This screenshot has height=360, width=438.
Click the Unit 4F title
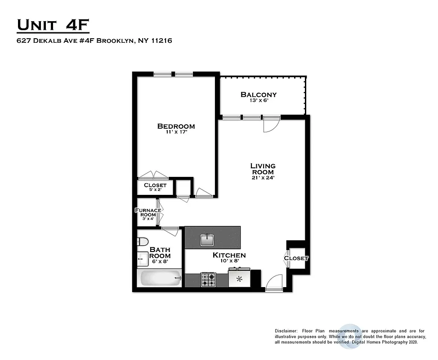[x=53, y=25]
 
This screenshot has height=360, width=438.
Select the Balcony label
[x=259, y=94]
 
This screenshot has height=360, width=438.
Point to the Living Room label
[x=263, y=169]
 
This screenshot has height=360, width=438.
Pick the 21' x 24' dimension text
[x=263, y=178]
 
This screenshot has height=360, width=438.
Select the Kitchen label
[x=229, y=255]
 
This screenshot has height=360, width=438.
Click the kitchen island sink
[x=207, y=240]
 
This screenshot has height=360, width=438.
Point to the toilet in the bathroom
[x=142, y=242]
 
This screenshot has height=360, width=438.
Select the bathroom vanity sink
[x=143, y=260]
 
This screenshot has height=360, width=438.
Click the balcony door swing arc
[x=272, y=125]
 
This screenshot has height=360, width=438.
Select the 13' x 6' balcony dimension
[x=259, y=101]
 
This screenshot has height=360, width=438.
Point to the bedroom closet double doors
[x=153, y=175]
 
